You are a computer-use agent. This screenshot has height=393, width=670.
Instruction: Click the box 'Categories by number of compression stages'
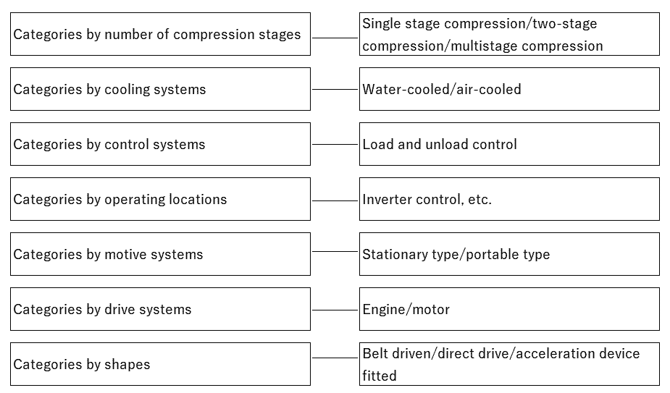(160, 34)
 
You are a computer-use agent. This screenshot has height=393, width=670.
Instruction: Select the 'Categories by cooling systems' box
(160, 89)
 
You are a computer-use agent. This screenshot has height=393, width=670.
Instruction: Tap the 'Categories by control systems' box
(160, 144)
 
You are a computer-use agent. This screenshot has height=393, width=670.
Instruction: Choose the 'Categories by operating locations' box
(160, 199)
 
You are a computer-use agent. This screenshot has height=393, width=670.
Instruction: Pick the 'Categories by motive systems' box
(160, 254)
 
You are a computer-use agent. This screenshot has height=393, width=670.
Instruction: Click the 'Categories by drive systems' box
(160, 309)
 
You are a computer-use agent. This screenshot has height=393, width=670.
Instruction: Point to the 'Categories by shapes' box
(160, 364)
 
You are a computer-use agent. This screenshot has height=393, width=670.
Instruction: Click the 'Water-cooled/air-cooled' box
(509, 89)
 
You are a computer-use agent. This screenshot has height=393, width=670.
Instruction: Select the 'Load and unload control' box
(509, 144)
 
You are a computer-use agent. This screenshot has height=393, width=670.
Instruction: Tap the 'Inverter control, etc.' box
(509, 199)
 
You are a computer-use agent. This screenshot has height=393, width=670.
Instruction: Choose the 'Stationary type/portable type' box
(509, 254)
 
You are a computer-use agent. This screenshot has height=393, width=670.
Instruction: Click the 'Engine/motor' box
(509, 309)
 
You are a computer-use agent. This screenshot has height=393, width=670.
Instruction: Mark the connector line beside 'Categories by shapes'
(335, 358)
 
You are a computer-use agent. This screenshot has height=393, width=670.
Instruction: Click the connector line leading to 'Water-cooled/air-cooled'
(335, 89)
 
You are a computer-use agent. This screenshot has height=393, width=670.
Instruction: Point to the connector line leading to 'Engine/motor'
(335, 309)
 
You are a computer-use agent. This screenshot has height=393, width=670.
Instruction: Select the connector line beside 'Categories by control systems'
(335, 144)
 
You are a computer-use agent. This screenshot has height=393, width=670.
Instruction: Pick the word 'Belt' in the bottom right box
(376, 354)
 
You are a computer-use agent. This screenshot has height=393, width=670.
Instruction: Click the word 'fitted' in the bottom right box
(380, 376)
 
